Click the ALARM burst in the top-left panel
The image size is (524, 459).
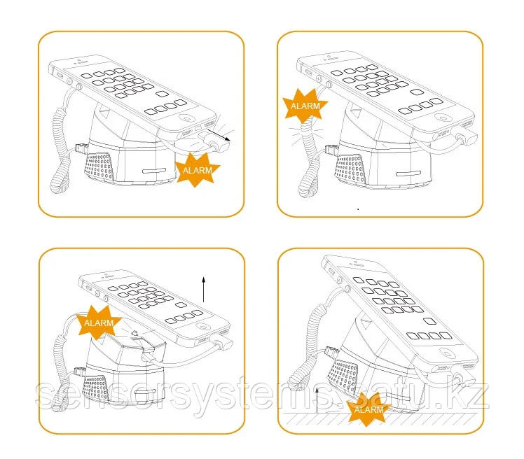[197, 169]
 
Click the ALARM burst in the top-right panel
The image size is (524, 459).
[305, 106]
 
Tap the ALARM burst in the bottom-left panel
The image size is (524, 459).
[99, 323]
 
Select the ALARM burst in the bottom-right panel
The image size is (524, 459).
[369, 409]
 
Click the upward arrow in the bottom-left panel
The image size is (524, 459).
[204, 289]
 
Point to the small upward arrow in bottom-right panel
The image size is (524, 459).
[317, 401]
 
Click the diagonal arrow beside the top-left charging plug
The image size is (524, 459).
[219, 135]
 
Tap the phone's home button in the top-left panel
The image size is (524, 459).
[187, 118]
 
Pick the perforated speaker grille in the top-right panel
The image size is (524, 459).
[352, 169]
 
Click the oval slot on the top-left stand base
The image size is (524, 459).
[154, 171]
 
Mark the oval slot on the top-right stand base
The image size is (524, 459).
[408, 174]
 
